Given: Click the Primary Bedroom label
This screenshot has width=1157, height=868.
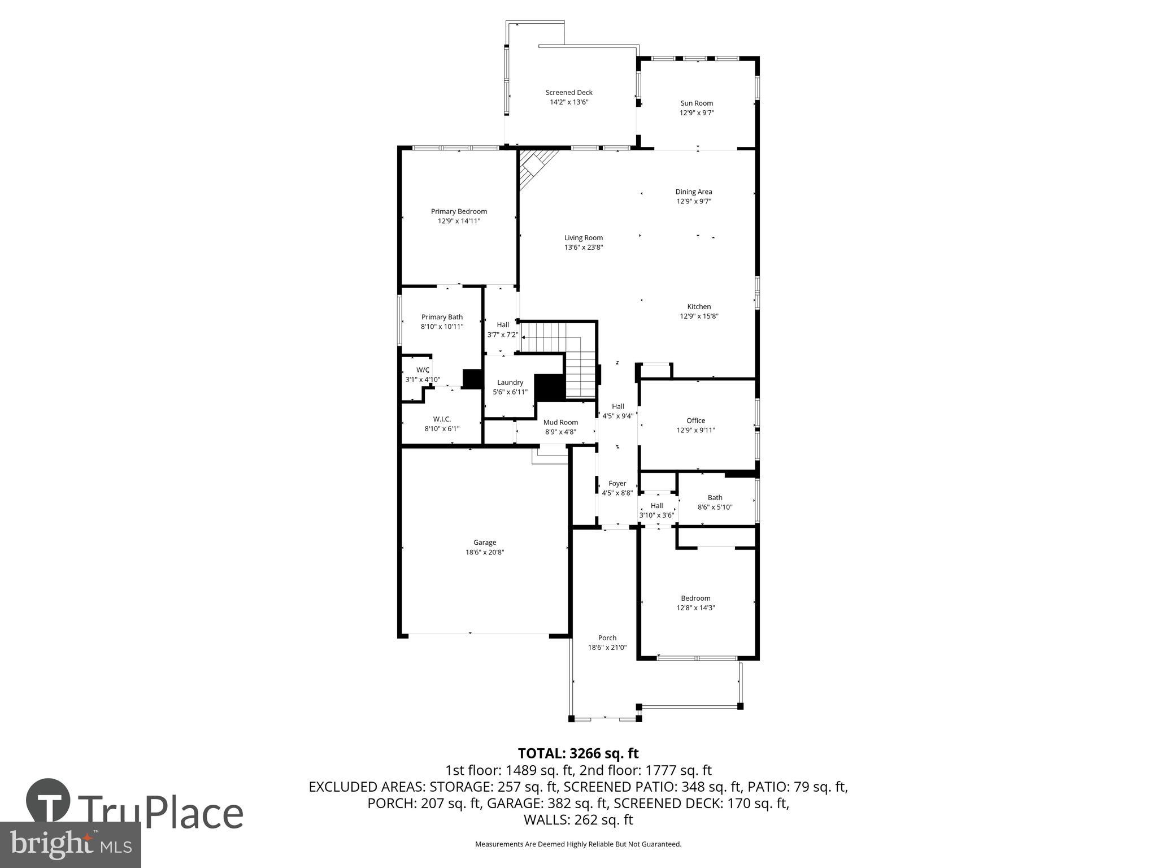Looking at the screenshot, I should pos(459,211).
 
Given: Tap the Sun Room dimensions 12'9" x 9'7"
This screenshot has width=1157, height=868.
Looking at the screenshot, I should pos(697,113).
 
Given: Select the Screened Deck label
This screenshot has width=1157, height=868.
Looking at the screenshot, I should pos(569,93).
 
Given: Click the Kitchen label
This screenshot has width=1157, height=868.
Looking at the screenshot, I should pos(699,307).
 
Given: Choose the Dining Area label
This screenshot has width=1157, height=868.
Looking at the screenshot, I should pos(694,192).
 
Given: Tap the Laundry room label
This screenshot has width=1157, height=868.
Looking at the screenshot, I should pos(510,383).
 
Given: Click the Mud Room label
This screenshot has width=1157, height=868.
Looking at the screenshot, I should pos(560,423).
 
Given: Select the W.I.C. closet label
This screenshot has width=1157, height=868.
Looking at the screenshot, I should pos(442,419).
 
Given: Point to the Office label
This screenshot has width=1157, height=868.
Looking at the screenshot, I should pos(695,421).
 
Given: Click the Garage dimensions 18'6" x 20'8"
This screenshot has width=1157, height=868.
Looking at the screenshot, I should pos(485,553).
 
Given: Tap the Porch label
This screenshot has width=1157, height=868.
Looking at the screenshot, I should pos(607,638).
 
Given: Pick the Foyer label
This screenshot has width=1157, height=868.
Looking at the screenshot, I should pos(617,484).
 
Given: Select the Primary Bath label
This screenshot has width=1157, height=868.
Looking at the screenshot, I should pos(442,318).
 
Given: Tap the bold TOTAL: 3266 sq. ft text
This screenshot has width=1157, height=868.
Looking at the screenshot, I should pos(578,753).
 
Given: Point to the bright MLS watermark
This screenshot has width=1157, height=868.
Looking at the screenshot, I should pos(71,844).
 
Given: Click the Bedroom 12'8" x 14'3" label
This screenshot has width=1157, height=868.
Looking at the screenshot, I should pos(695,598).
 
